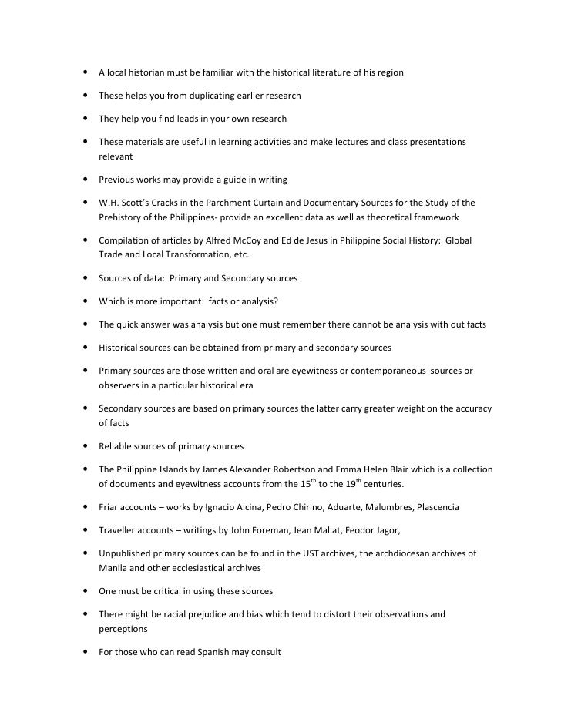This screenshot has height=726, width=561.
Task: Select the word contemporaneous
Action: pyautogui.click(x=381, y=371)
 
